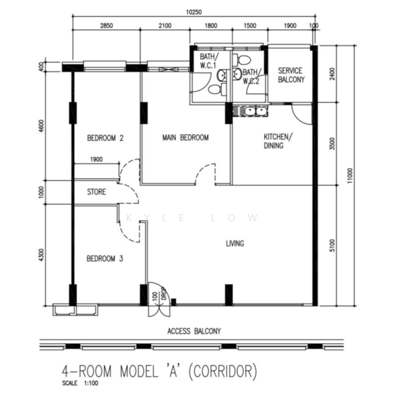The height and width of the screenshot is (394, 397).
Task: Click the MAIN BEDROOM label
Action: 185,138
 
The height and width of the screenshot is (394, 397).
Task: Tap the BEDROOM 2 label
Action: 105,138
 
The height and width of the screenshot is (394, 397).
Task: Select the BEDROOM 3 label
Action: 105,259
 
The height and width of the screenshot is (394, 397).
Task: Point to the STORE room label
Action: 96,192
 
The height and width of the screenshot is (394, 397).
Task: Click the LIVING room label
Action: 235,244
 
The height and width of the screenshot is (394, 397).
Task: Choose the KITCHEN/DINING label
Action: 278,141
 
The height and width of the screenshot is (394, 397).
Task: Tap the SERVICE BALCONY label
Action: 291,75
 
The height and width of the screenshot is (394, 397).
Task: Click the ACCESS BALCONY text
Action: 194,331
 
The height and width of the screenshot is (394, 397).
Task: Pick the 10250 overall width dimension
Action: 194,12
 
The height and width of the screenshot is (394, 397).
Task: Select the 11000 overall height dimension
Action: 350,175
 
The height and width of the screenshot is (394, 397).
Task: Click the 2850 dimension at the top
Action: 106,26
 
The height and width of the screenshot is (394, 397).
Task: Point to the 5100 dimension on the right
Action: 332,246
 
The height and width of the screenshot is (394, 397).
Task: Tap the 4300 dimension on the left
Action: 41,255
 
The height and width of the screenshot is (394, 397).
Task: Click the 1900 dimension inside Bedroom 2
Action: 96,160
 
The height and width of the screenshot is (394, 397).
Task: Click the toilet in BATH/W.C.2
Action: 241,60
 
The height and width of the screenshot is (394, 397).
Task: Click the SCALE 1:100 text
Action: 80,383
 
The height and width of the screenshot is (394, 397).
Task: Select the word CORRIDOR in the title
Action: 223,371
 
